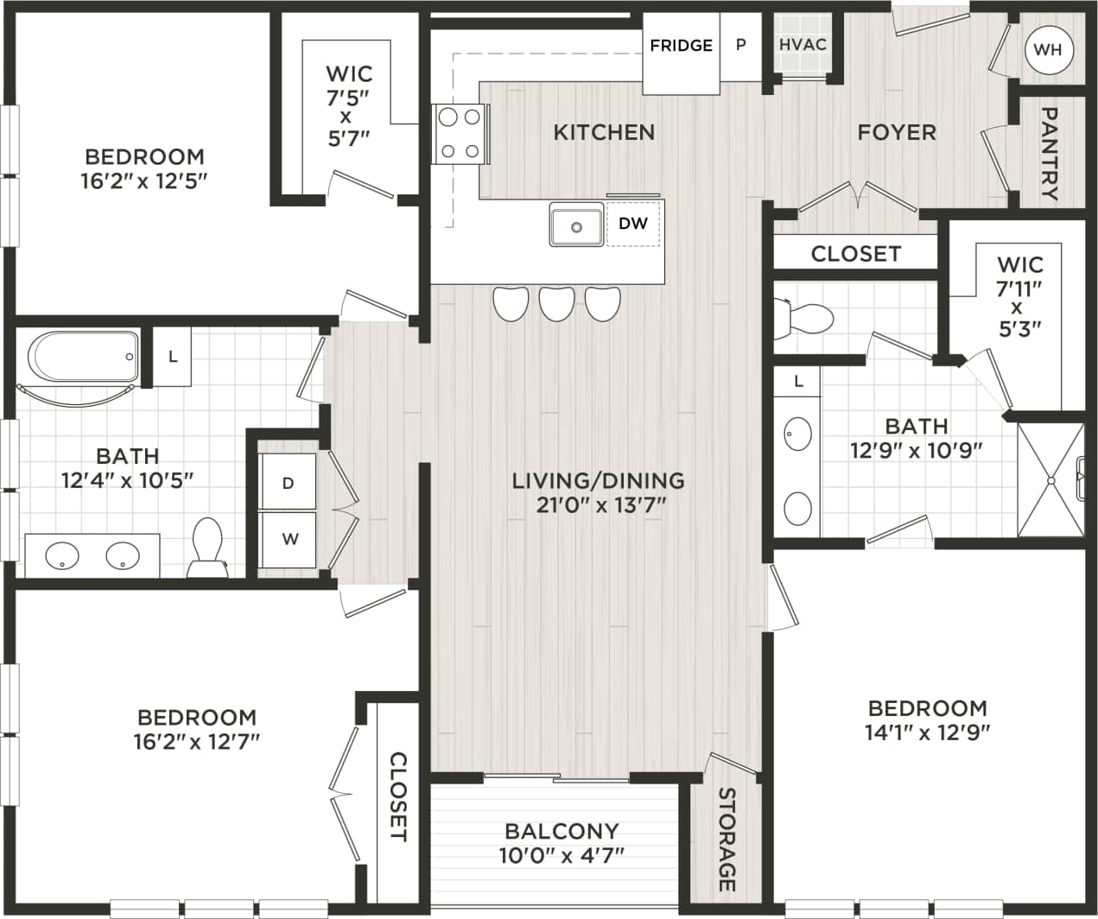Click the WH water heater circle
pyautogui.click(x=1047, y=49)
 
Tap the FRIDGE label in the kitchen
pyautogui.click(x=681, y=45)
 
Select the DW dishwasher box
pyautogui.click(x=633, y=224)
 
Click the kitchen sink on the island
pyautogui.click(x=576, y=226)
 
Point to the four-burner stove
pyautogui.click(x=460, y=134)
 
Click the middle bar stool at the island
pyautogui.click(x=556, y=303)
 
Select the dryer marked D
pyautogui.click(x=289, y=483)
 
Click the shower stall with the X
pyautogui.click(x=1050, y=480)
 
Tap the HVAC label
pyautogui.click(x=803, y=45)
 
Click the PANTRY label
pyautogui.click(x=1050, y=153)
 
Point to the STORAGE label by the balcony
pyautogui.click(x=727, y=840)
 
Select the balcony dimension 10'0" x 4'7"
pyautogui.click(x=562, y=855)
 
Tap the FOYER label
pyautogui.click(x=896, y=132)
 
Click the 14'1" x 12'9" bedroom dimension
pyautogui.click(x=927, y=732)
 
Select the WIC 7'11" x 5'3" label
pyautogui.click(x=1019, y=295)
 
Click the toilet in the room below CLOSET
pyautogui.click(x=805, y=318)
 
